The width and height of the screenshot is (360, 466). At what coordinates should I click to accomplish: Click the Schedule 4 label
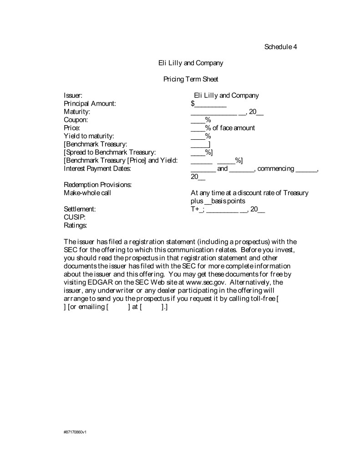tap(280, 47)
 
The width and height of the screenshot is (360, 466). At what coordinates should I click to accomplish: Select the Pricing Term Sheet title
tap(191, 79)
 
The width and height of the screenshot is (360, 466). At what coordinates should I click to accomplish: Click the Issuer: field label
tap(73, 96)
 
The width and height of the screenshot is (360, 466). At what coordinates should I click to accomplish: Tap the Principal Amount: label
tap(90, 104)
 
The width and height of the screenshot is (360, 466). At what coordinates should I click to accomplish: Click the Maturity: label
tap(77, 112)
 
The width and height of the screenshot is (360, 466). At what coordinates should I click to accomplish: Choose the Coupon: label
tap(76, 120)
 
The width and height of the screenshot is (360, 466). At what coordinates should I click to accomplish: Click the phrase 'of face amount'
tap(233, 128)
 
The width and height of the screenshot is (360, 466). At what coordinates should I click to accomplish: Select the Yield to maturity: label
tap(89, 136)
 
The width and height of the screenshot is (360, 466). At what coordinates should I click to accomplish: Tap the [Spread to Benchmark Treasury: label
tap(110, 152)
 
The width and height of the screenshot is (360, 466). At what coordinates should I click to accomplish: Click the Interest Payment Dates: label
tap(97, 169)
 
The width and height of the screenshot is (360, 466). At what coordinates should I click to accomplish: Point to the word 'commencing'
tap(275, 169)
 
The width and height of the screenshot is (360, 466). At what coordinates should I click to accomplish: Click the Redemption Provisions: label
tap(98, 185)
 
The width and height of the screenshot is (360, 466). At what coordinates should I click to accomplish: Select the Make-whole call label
tap(87, 193)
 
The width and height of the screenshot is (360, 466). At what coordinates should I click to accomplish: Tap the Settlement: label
tap(80, 209)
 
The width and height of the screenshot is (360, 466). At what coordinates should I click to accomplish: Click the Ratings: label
tap(75, 225)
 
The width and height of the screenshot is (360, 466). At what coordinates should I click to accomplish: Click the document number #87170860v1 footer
tap(75, 431)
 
